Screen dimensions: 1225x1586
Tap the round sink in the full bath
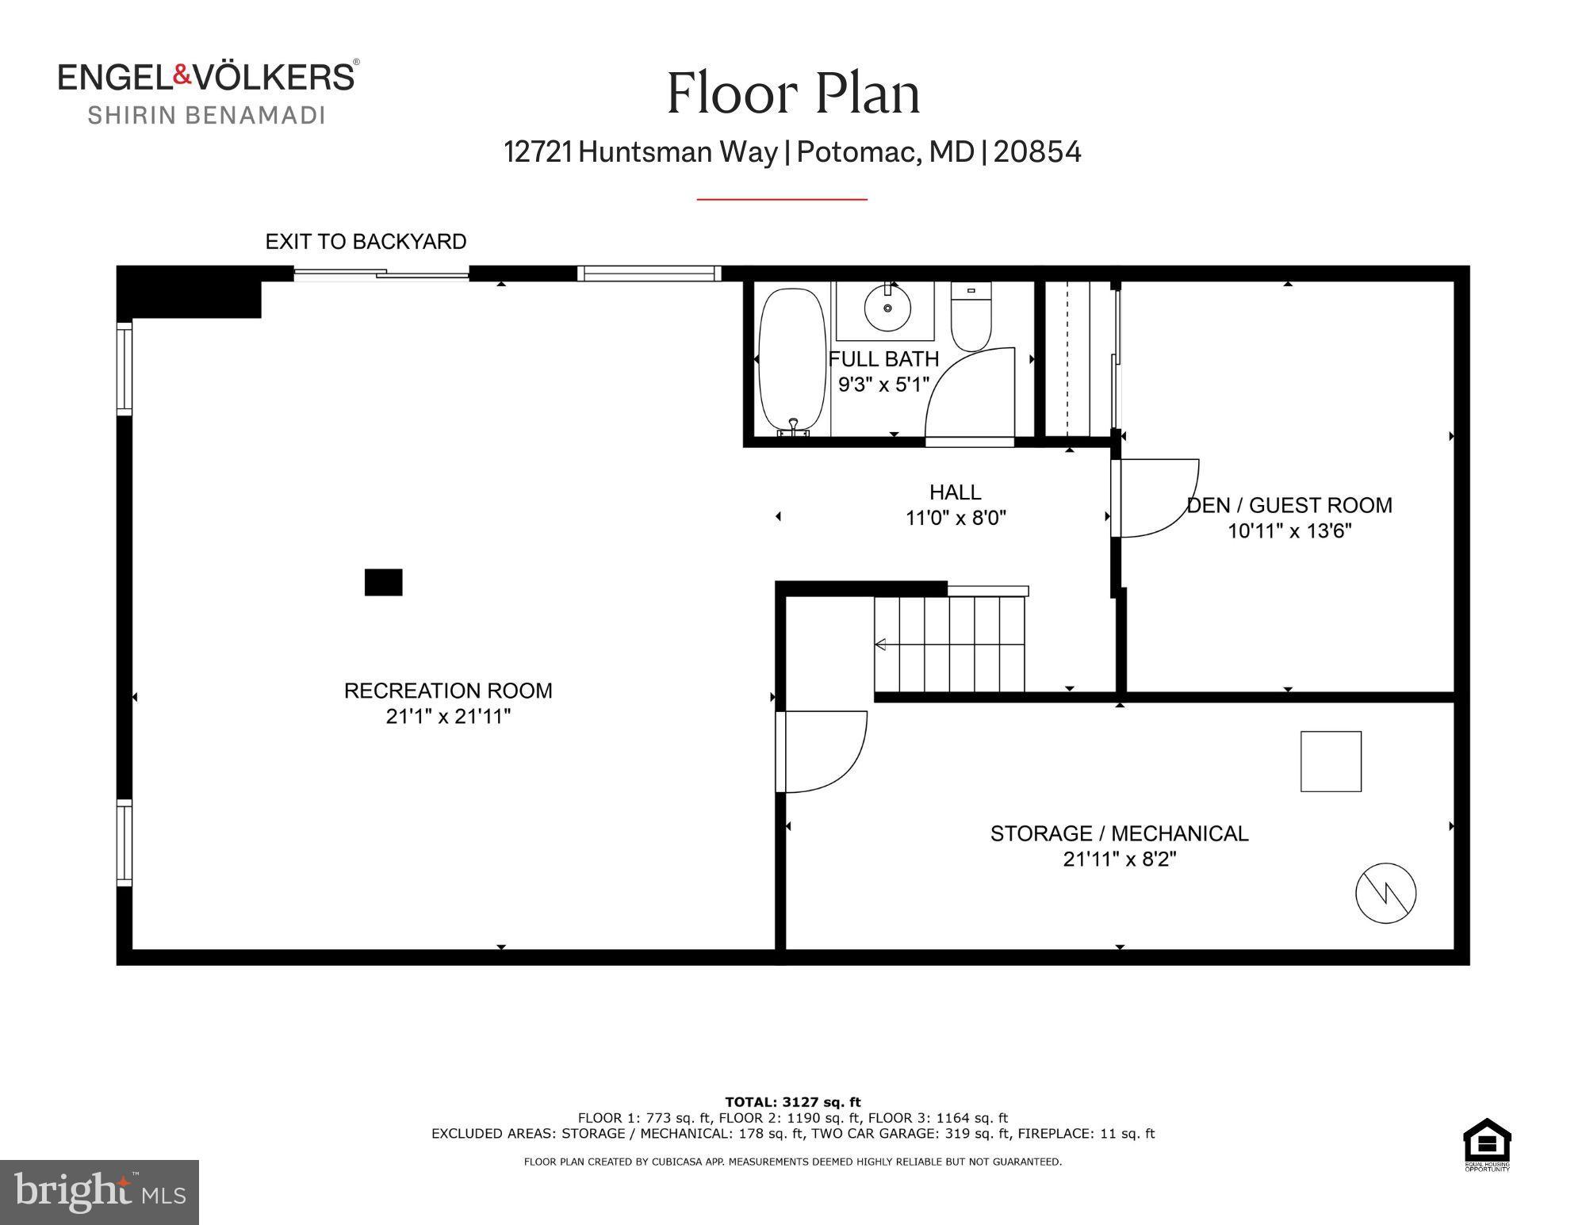click(x=887, y=307)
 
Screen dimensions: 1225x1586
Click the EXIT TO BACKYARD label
click(x=366, y=242)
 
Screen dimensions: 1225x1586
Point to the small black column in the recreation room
click(x=383, y=582)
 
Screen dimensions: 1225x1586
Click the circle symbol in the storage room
click(x=1385, y=893)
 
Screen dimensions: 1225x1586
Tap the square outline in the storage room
click(x=1331, y=761)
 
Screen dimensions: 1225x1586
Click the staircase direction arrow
click(x=880, y=645)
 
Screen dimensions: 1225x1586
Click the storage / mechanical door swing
click(x=822, y=751)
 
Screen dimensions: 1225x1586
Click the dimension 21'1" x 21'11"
click(x=448, y=716)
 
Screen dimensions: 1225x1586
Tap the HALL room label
click(x=955, y=492)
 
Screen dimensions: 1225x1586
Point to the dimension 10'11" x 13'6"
click(x=1289, y=530)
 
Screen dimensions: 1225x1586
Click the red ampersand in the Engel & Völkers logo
click(x=182, y=75)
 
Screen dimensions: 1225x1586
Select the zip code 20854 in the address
click(x=1036, y=151)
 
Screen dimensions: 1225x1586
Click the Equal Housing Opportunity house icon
click(x=1486, y=1140)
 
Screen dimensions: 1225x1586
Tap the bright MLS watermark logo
click(x=99, y=1192)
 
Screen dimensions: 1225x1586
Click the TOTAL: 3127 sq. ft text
click(x=792, y=1101)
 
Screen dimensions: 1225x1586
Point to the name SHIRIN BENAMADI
click(x=206, y=115)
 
